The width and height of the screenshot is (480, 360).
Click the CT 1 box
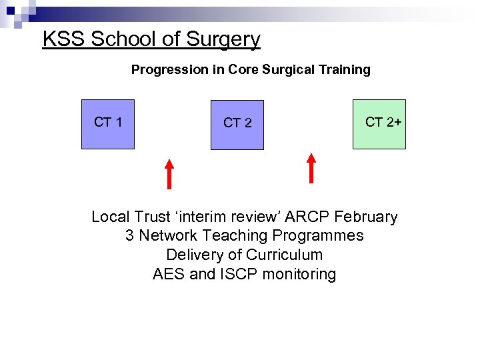[107, 124]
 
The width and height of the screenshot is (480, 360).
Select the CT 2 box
[237, 125]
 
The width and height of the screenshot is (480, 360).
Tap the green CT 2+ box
[379, 123]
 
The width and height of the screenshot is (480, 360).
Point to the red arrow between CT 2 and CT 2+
[311, 167]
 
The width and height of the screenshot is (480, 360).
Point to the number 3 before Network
[129, 235]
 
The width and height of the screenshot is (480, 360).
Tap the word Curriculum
[284, 255]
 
